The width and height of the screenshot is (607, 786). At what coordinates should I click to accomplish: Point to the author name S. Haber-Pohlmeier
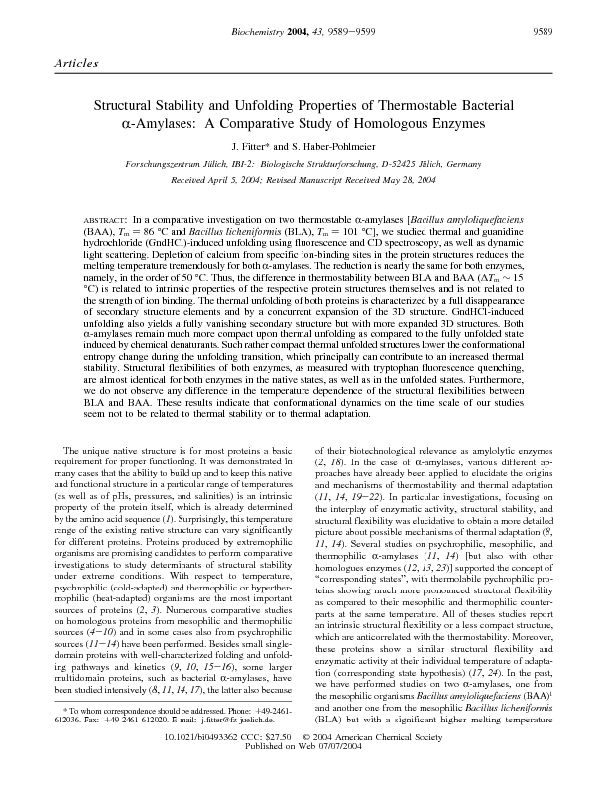click(336, 146)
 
